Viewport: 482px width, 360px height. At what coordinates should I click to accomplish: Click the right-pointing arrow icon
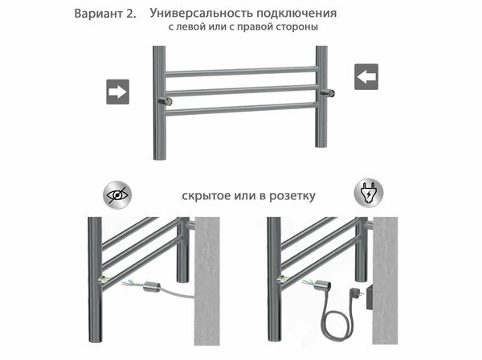click(x=118, y=92)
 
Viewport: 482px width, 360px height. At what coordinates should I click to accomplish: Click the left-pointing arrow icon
click(x=366, y=77)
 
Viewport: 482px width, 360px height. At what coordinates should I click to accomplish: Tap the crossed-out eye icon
click(x=117, y=194)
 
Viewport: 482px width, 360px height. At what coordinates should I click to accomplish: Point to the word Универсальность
click(x=198, y=14)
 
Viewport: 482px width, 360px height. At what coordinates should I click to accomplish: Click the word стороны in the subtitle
click(x=296, y=27)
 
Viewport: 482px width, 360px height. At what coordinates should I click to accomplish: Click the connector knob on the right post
click(x=329, y=93)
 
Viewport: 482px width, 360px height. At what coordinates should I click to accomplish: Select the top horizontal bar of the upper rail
click(x=241, y=72)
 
